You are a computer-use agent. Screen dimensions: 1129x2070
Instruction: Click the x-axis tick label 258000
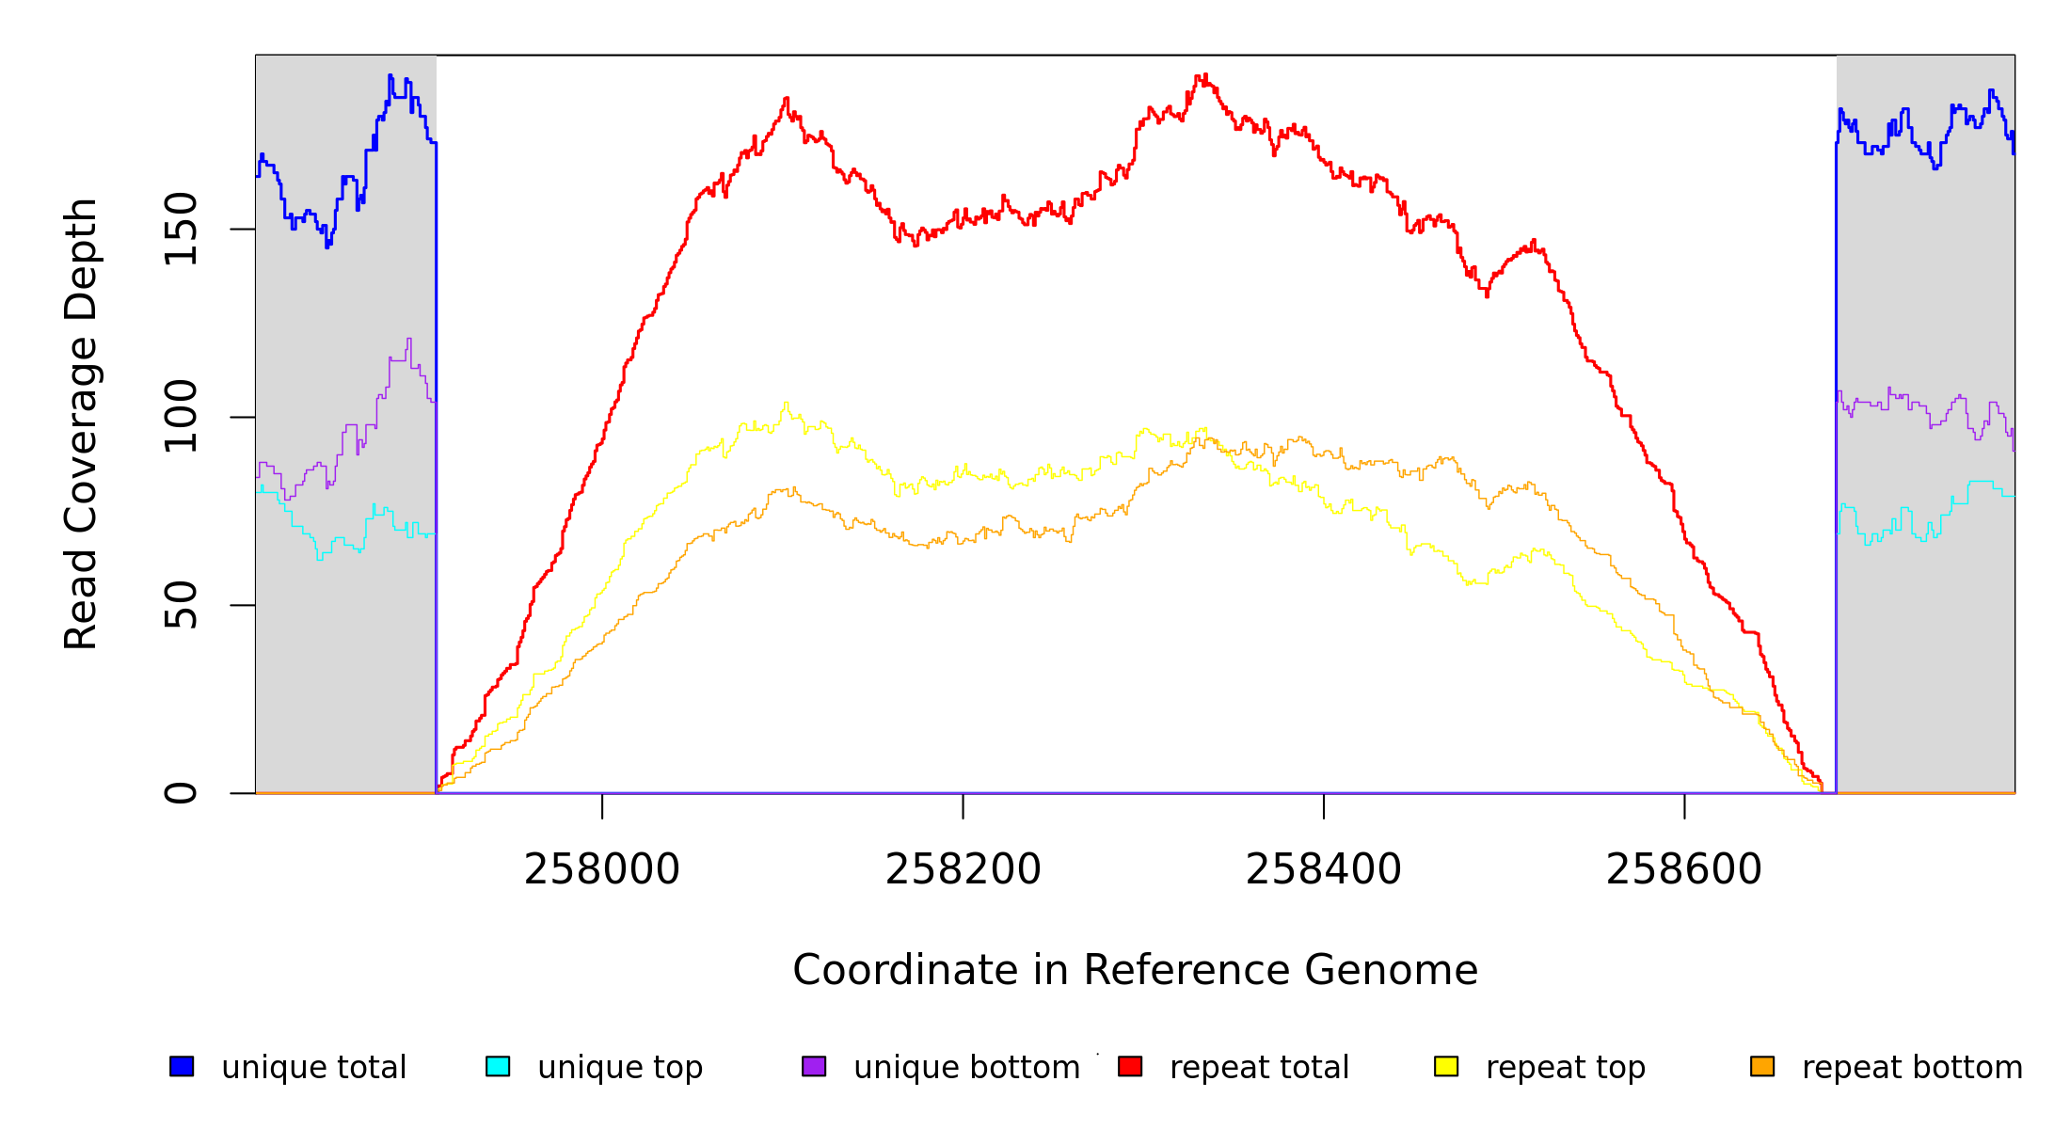(x=602, y=870)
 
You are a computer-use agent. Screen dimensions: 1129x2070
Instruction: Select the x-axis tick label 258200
(x=963, y=870)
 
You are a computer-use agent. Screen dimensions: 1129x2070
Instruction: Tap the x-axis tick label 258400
(x=1323, y=870)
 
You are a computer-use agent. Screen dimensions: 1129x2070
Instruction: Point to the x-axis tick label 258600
(x=1683, y=870)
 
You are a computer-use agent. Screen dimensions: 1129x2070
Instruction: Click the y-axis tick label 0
(x=181, y=793)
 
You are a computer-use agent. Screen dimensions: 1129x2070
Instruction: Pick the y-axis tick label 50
(x=181, y=605)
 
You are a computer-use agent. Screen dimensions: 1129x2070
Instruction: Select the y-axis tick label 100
(x=181, y=417)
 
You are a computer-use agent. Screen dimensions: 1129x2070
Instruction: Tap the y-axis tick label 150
(x=181, y=229)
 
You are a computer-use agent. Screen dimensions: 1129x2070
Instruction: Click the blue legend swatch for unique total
(x=182, y=1066)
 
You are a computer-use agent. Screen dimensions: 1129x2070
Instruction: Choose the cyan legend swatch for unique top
(x=498, y=1066)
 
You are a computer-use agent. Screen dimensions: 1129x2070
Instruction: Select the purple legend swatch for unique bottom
(x=814, y=1066)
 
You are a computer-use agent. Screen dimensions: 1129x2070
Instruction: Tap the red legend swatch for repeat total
(x=1130, y=1066)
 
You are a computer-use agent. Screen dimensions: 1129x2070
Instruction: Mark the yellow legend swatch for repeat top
(x=1446, y=1066)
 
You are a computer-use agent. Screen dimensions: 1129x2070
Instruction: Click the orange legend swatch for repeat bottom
(x=1762, y=1066)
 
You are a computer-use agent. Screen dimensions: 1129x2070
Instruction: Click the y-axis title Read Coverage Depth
(x=81, y=423)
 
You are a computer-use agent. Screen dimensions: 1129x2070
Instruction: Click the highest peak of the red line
(x=1200, y=75)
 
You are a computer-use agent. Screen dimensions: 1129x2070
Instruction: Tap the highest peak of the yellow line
(x=786, y=404)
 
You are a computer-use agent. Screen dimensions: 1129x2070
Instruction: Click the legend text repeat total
(x=1259, y=1068)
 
